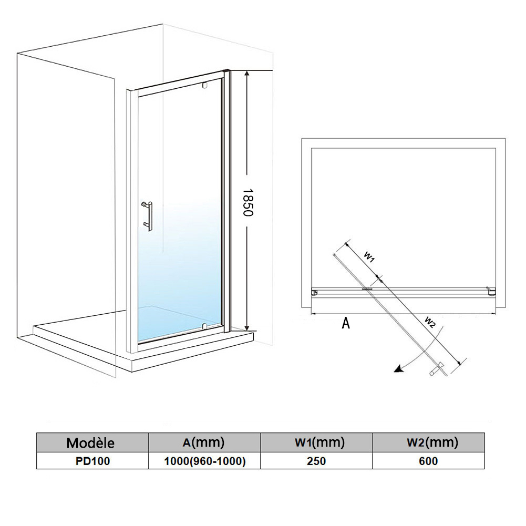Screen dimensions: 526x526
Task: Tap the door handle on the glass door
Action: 148,215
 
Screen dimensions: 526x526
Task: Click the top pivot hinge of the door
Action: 204,86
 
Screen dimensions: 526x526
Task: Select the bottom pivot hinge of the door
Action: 204,325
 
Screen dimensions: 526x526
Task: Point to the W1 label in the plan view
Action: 369,257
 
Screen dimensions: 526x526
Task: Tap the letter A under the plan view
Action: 346,323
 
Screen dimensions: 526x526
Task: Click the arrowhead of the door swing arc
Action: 399,369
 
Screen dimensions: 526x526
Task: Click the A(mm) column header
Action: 204,442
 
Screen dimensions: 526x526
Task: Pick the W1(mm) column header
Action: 316,442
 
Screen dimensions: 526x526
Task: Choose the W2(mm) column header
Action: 428,442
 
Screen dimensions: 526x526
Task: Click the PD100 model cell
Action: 92,461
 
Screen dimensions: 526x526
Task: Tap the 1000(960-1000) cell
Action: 204,461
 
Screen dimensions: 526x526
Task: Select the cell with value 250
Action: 316,461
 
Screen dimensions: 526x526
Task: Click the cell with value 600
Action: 428,461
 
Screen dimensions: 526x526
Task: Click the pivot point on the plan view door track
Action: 367,288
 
